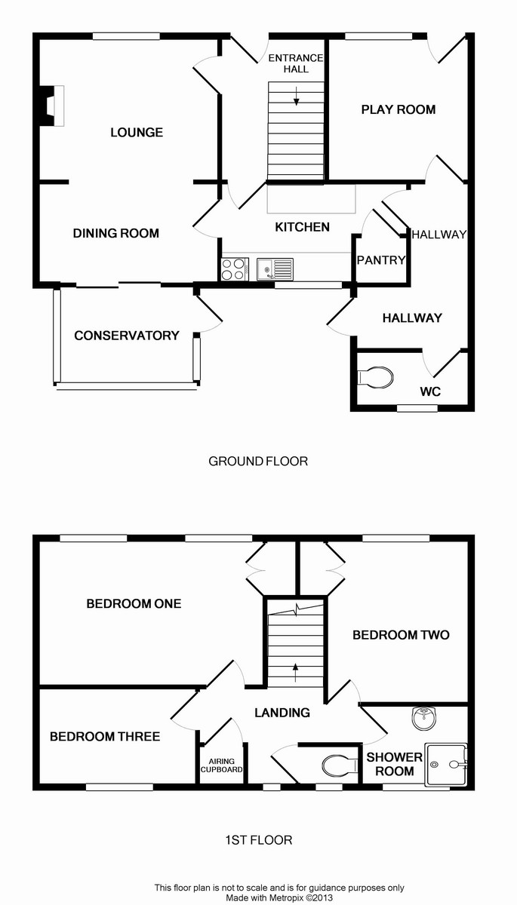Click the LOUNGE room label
pyautogui.click(x=137, y=133)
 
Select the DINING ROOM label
pyautogui.click(x=116, y=233)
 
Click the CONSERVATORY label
pyautogui.click(x=127, y=336)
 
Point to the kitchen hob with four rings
pyautogui.click(x=233, y=269)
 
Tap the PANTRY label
pyautogui.click(x=381, y=260)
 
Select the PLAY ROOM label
pyautogui.click(x=399, y=109)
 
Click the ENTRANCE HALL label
pyautogui.click(x=296, y=63)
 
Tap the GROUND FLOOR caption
pyautogui.click(x=258, y=461)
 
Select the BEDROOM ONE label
pyautogui.click(x=134, y=603)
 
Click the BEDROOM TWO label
pyautogui.click(x=401, y=635)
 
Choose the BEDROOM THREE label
pyautogui.click(x=105, y=736)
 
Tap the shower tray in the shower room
pyautogui.click(x=447, y=765)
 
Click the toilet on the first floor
pyautogui.click(x=340, y=766)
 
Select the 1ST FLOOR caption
pyautogui.click(x=258, y=839)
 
